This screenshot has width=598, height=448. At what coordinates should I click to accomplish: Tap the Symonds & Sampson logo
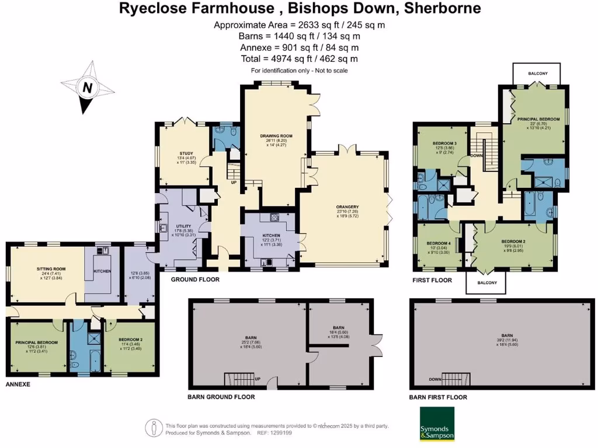437,424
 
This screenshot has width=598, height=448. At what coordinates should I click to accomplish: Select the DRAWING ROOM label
276,135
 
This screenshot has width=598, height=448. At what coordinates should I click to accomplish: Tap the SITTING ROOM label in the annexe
45,269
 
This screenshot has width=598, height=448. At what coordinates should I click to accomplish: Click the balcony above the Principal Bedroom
537,73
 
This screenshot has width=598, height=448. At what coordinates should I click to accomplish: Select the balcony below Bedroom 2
486,283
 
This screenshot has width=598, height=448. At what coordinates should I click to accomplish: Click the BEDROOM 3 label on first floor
445,143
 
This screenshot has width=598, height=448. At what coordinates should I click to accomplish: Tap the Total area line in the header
299,59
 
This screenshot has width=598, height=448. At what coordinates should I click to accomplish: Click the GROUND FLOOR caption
195,280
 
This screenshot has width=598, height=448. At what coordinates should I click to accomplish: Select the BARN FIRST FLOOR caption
438,397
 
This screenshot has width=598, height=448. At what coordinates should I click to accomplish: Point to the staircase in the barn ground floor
239,381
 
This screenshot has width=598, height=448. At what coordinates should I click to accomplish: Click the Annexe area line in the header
299,47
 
